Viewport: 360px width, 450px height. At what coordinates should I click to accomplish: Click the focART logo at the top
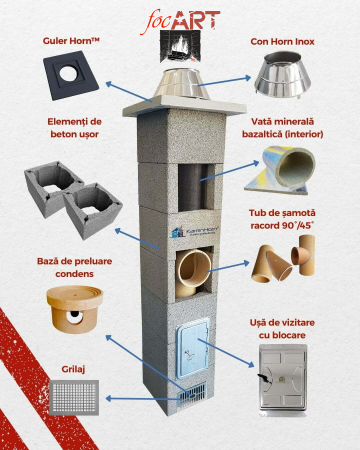pos(180,22)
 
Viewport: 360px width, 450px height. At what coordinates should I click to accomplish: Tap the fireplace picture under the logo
pos(180,46)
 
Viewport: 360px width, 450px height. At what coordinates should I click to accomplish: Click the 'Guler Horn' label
pos(71,41)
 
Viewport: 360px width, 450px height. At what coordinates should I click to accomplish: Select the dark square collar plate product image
pos(71,75)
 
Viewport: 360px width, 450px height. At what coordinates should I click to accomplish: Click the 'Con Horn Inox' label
pos(282,42)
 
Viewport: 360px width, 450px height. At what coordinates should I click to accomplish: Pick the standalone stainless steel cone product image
pos(282,75)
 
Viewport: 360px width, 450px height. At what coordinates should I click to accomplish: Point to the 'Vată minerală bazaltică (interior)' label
pos(282,128)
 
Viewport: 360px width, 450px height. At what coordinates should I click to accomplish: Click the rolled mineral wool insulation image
pos(280,170)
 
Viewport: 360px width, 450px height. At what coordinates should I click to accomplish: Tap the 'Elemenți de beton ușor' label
pos(74,128)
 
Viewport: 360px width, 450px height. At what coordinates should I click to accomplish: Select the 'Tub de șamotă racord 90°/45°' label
pos(282,219)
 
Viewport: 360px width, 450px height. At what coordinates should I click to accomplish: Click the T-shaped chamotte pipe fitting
pos(303,255)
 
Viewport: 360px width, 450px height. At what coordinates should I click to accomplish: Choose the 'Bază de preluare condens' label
pos(74,267)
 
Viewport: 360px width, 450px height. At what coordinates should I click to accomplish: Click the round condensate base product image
pos(75,309)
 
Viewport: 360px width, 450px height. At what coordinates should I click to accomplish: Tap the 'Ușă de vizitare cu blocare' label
pos(282,329)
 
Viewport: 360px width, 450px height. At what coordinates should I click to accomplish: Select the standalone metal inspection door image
pos(283,379)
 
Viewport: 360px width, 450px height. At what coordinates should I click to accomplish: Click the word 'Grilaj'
pos(73,369)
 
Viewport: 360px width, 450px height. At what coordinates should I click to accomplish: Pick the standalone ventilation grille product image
pos(74,397)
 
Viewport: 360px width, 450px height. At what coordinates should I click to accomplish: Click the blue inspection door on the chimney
pos(193,348)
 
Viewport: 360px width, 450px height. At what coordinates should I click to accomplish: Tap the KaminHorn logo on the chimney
pos(194,231)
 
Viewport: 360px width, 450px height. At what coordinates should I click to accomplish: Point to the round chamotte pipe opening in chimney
pos(194,268)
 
